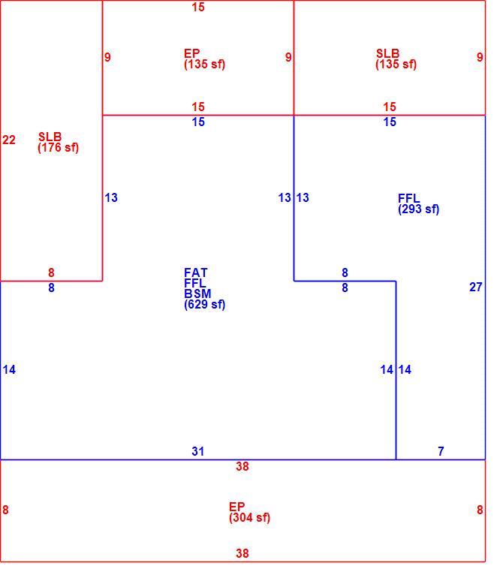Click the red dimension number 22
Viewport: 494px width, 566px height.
coord(9,140)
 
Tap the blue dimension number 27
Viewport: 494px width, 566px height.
coord(475,287)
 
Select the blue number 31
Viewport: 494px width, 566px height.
coord(198,451)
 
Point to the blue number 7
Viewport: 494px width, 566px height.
coord(441,451)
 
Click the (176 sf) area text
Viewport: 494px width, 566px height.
coord(58,148)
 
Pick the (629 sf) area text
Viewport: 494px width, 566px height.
coord(205,304)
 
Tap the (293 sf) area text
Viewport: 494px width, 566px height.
coord(419,209)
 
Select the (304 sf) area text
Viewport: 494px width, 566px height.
coord(249,518)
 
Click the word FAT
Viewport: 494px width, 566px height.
coord(196,272)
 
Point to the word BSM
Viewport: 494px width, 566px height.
coord(197,294)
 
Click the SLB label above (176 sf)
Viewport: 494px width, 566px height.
coord(50,137)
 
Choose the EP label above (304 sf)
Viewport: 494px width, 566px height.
coord(237,507)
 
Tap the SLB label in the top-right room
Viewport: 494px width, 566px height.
coord(388,53)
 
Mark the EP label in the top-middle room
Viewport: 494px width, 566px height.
coord(191,53)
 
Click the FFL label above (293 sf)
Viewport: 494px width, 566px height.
coord(408,198)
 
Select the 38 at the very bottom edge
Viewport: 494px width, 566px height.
coord(242,553)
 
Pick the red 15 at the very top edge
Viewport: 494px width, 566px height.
coord(198,7)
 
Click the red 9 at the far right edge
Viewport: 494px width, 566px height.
coord(480,57)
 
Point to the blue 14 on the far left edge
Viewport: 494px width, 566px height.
coord(9,369)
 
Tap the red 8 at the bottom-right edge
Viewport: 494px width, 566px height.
coord(480,510)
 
